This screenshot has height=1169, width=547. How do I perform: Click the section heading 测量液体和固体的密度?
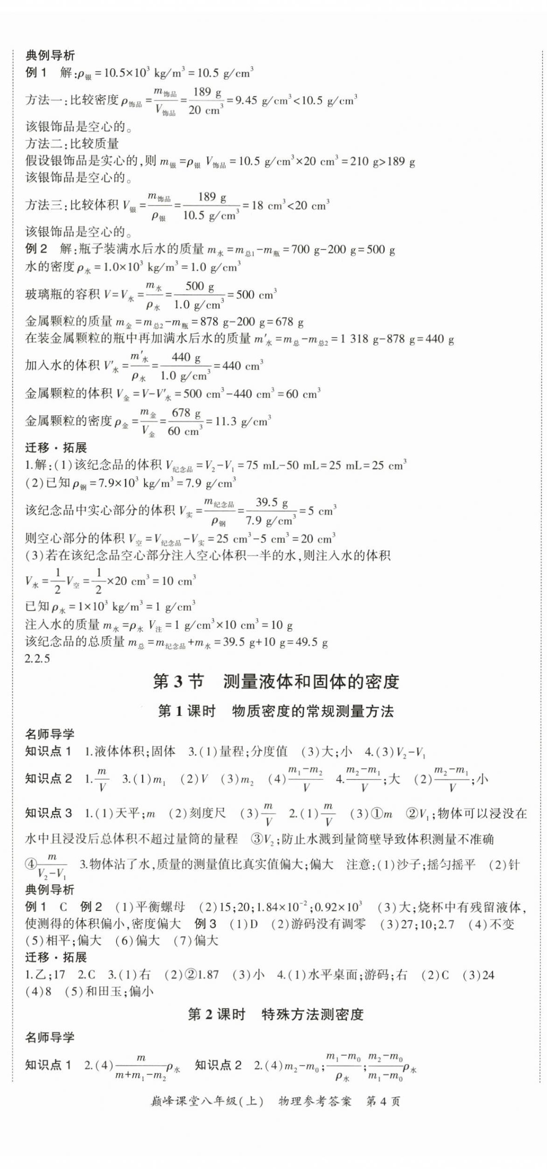point(311,682)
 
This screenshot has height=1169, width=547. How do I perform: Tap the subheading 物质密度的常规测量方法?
point(313,711)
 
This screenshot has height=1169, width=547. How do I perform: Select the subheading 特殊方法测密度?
point(313,1014)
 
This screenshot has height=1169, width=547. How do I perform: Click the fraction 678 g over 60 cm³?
point(185,421)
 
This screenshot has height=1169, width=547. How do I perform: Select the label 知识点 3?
point(48,813)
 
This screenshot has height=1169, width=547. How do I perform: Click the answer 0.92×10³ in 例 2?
point(338,907)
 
